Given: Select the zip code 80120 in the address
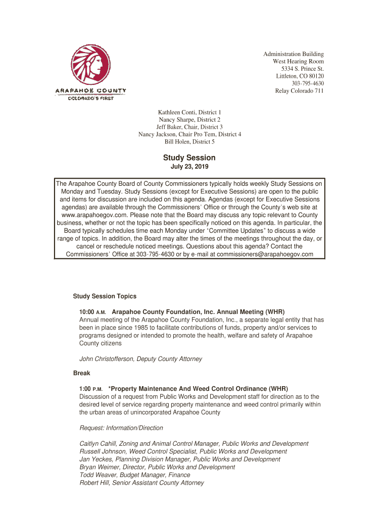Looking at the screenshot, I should click(315, 76).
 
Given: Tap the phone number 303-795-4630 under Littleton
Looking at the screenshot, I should click(308, 83).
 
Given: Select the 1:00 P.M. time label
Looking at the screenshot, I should click(90, 389).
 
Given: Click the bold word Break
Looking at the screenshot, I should click(81, 373).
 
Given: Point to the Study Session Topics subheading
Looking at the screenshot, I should click(105, 296).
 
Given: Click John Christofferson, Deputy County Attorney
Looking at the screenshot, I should click(140, 359).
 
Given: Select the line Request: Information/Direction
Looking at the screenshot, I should click(121, 428).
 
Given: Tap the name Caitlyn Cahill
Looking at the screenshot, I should click(100, 444).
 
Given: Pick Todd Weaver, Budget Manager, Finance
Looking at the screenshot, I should click(135, 475).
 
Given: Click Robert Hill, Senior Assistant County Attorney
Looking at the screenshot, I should click(141, 483).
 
